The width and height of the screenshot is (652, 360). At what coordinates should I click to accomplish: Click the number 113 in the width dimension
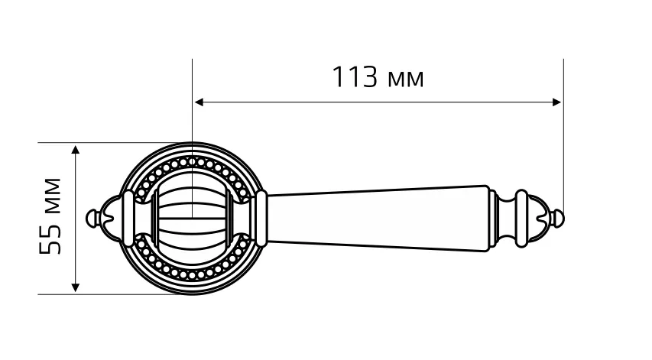point(355,77)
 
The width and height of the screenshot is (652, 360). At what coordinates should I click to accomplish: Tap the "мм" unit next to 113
point(405,79)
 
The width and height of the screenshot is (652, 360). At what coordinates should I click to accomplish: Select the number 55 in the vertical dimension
point(50,239)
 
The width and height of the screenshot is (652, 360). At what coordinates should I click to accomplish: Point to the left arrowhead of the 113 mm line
point(199,102)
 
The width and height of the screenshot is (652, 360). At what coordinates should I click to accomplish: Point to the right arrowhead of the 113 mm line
point(556,102)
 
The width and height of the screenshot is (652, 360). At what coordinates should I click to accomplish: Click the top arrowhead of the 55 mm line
point(75,150)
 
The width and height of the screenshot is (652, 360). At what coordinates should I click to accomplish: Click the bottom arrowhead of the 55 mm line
point(75,287)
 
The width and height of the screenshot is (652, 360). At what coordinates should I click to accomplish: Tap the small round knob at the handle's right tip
point(559,219)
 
